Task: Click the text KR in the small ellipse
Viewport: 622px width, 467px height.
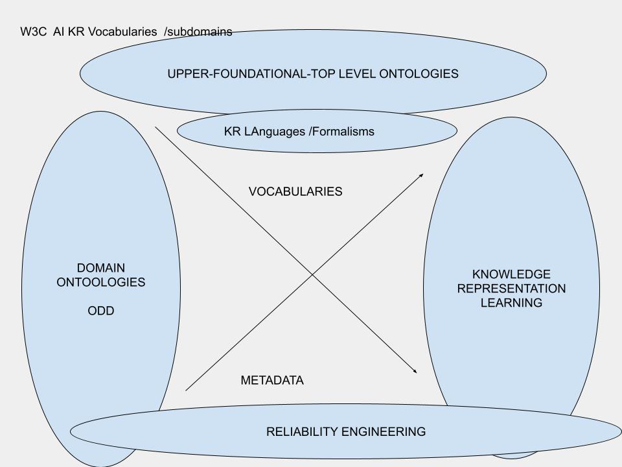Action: tap(233, 132)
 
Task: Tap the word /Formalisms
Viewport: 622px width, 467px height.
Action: tap(342, 132)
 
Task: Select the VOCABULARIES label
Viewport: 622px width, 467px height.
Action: tap(295, 192)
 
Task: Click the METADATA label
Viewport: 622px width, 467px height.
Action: tap(272, 381)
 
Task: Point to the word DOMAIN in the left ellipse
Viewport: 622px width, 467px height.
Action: tap(101, 268)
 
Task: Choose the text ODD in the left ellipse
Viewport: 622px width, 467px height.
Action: tap(101, 311)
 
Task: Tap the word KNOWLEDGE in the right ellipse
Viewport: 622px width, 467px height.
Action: tap(511, 274)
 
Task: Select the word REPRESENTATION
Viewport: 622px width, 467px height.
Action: tap(511, 289)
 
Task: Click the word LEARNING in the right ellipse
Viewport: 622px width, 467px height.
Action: tap(511, 303)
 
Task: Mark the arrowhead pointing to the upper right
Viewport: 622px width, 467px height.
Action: tap(421, 175)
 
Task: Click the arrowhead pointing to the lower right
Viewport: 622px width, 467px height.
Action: tap(414, 371)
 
